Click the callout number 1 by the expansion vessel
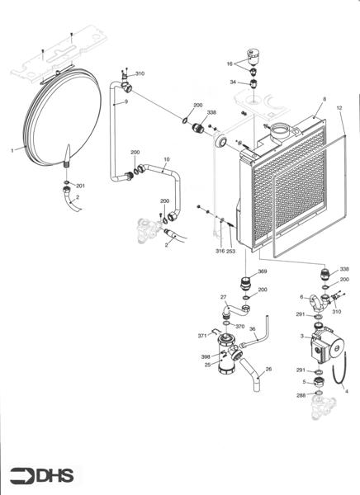[12, 150]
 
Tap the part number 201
[80, 185]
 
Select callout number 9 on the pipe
[126, 101]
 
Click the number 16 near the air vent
[230, 63]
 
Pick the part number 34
[233, 82]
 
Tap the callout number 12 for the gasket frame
[339, 108]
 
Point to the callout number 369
[263, 271]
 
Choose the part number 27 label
[223, 296]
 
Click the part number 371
[201, 336]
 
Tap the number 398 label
[205, 356]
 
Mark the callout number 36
[253, 329]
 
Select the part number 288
[301, 396]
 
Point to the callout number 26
[268, 369]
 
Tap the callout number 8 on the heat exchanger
[314, 100]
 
